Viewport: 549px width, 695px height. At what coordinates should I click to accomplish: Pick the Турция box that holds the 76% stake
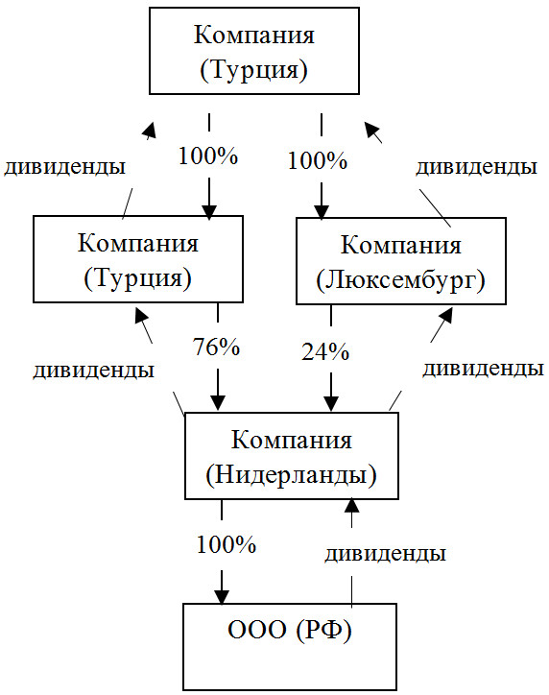(138, 259)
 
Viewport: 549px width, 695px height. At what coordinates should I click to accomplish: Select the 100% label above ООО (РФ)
(227, 546)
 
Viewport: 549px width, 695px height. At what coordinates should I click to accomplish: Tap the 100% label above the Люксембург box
(318, 160)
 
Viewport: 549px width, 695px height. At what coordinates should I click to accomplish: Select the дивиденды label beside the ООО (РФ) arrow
(385, 554)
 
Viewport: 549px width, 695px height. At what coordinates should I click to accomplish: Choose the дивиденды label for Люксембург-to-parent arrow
(476, 167)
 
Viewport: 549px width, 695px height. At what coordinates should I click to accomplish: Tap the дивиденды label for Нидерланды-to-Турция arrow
(93, 370)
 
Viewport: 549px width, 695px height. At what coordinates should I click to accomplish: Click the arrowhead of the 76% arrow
(218, 402)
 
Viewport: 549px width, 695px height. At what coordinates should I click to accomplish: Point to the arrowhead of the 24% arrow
(331, 402)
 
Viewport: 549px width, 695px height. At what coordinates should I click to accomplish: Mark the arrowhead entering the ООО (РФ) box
(223, 592)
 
